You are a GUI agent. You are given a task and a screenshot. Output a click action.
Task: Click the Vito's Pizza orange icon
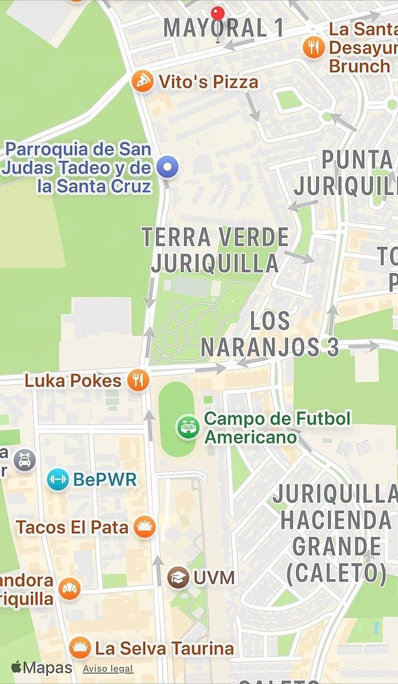pos(142,82)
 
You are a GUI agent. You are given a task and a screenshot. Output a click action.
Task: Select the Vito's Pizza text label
pos(208,82)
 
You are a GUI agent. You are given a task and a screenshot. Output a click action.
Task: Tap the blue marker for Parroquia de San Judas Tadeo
pos(168,167)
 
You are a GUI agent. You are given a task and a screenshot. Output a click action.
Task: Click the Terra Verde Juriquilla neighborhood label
pos(215,250)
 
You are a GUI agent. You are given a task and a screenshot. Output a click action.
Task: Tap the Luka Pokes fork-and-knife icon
pos(138,380)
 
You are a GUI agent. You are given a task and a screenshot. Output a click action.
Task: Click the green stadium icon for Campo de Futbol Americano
pos(187,427)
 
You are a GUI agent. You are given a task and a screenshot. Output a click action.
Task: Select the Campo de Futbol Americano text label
pos(277,427)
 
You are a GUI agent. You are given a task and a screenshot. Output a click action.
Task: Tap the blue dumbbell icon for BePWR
pos(58,479)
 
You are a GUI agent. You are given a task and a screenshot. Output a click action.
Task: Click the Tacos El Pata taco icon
pos(145,527)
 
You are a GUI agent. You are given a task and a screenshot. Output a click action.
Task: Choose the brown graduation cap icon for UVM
pos(178,577)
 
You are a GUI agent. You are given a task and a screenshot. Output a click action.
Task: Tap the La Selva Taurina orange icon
pos(80,648)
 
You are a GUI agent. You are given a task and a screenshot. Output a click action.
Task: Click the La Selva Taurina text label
pos(164,648)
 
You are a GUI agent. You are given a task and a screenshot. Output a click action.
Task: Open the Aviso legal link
pos(108,669)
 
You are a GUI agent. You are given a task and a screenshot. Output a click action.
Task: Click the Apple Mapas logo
pos(41,667)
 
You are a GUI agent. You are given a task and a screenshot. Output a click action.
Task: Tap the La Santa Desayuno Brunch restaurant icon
pos(314,46)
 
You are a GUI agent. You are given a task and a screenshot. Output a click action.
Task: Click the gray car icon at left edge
pos(24,460)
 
